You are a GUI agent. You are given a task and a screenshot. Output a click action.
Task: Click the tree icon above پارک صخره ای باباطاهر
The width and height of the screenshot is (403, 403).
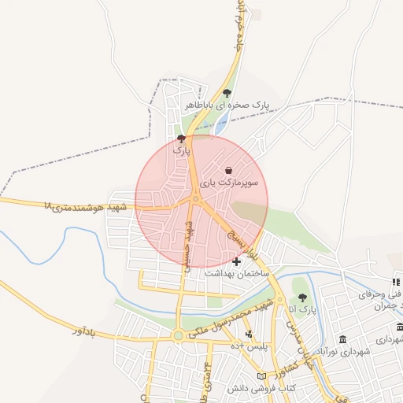point(228,93)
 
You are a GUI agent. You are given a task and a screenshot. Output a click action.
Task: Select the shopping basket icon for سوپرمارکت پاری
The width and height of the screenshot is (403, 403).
point(228,170)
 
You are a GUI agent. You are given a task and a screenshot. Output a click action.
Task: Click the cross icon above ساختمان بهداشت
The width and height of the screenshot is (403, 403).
point(237,261)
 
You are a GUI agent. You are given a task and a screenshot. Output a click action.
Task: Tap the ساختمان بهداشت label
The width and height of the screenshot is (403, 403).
point(237,272)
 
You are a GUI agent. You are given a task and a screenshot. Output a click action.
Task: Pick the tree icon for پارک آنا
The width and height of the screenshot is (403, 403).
point(302,298)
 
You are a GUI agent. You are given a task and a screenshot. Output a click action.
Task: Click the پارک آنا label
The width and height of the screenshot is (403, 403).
point(302,309)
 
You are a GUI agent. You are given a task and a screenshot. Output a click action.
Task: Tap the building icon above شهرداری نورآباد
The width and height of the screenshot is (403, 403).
point(342,338)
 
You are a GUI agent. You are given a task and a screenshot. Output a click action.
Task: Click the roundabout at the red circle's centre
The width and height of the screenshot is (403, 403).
point(194,199)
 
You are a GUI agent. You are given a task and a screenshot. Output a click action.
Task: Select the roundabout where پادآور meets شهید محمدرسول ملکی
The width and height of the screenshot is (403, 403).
point(179,336)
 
